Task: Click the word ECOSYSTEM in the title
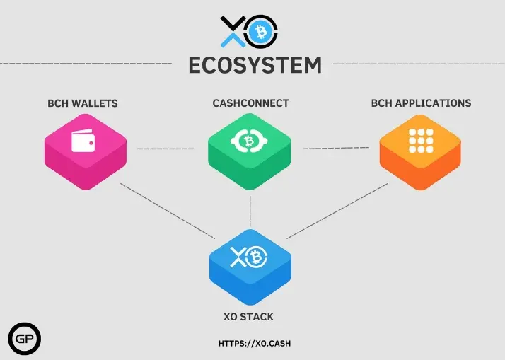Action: pos(255,65)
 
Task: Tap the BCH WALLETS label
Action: pos(83,103)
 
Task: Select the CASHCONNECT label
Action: pos(250,103)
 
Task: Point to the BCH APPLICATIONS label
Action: pos(422,103)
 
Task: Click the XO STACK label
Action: pos(248,317)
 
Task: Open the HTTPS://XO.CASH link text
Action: pos(255,344)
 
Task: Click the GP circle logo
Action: pos(25,338)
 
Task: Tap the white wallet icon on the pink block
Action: pos(83,141)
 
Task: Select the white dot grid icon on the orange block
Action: pos(421,141)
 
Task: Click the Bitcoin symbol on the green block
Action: pos(249,141)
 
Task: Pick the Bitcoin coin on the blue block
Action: pos(256,257)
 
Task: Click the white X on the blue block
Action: pos(238,257)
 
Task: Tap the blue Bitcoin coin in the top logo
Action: pos(260,32)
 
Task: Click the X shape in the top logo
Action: pos(233,32)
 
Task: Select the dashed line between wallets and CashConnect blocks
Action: pos(166,149)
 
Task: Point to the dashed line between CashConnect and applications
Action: pos(336,148)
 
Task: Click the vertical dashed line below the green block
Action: pos(250,211)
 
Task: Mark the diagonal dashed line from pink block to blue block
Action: pos(168,211)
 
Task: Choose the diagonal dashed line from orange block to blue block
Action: pos(337,211)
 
